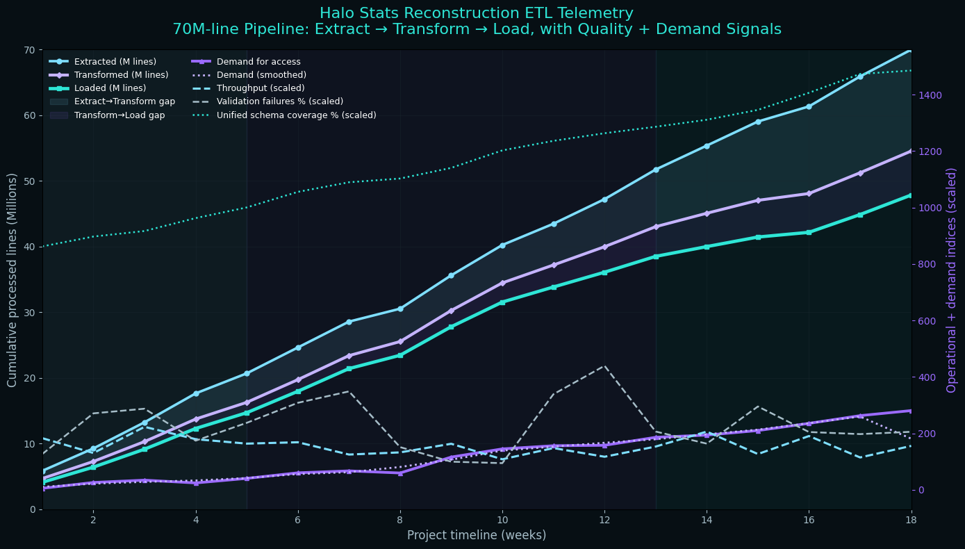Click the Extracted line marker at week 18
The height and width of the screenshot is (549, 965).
pos(911,49)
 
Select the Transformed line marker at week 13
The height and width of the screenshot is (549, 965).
pos(656,227)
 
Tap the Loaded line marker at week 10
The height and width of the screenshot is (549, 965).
pos(502,302)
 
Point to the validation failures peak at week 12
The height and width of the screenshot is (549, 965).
pos(604,366)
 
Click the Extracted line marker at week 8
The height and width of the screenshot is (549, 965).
pos(400,309)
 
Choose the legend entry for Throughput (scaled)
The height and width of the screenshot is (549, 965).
pos(261,88)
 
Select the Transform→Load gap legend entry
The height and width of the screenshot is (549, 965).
pos(119,115)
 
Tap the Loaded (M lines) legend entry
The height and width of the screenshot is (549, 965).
pos(110,88)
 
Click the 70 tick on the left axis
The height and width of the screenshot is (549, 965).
pos(30,50)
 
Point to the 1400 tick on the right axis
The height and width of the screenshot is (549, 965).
pos(931,95)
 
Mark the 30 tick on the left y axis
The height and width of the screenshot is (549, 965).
pos(30,313)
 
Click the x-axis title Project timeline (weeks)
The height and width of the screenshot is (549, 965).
pos(477,535)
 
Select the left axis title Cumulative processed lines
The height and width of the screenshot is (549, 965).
pos(13,280)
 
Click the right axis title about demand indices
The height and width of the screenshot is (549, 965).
pos(952,280)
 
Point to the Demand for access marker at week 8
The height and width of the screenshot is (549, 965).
pos(400,473)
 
